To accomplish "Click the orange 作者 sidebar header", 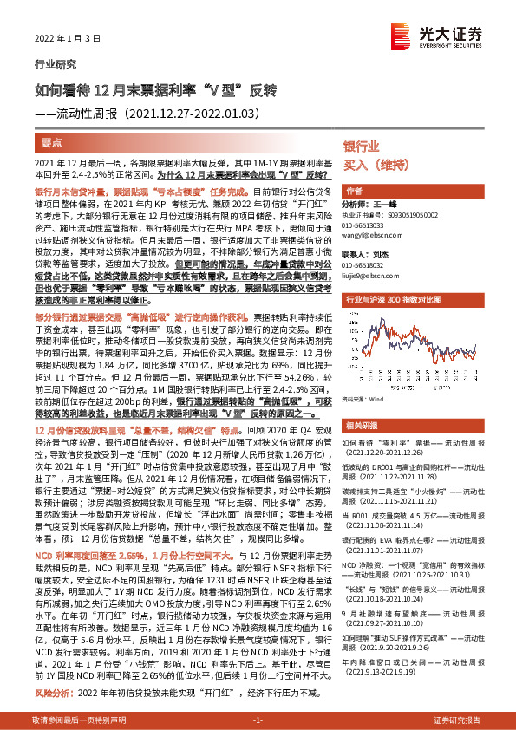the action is tap(354, 190).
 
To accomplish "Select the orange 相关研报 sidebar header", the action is tap(360, 401).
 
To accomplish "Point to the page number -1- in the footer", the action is tap(258, 720).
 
